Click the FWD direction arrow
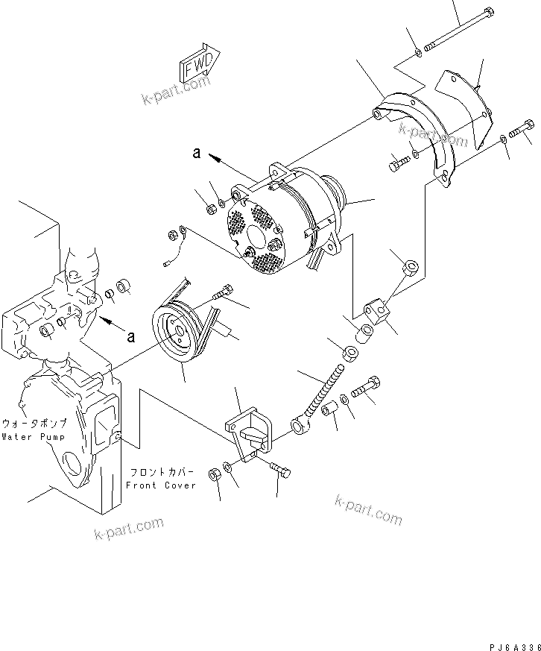tap(198, 63)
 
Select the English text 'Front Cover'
tap(160, 485)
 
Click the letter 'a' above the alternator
tap(197, 153)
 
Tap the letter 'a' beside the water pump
tap(131, 336)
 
